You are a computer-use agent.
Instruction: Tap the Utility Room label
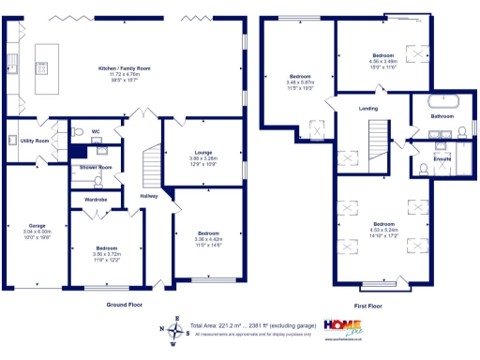(x=36, y=140)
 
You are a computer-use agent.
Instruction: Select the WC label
(x=96, y=131)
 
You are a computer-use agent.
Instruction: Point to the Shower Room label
(x=96, y=167)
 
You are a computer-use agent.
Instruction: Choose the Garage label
(x=37, y=225)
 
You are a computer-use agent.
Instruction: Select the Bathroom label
(x=442, y=116)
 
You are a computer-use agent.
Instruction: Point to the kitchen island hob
(x=42, y=67)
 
